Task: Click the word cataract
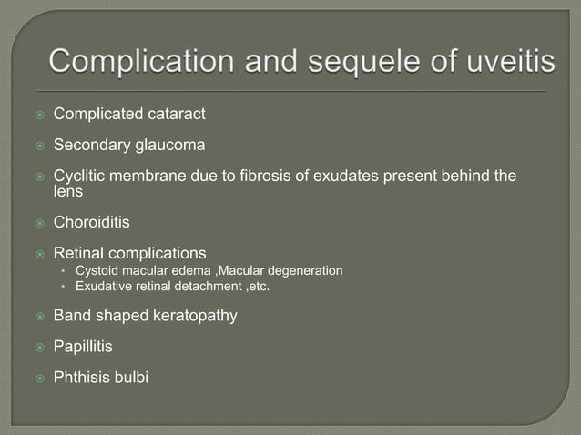(175, 115)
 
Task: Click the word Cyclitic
(82, 175)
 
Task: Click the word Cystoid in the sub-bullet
(98, 270)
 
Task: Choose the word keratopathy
(195, 316)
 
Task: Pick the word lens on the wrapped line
(68, 192)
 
